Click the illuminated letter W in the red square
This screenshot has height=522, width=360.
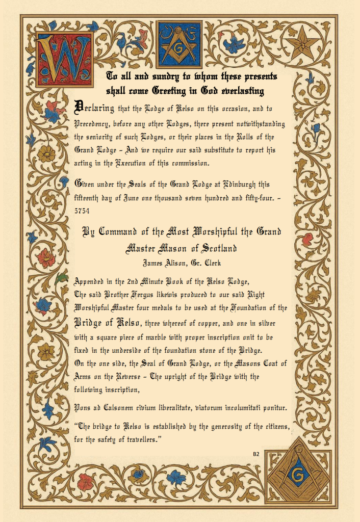tap(64, 59)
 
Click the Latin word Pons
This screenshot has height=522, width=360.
tap(83, 408)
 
